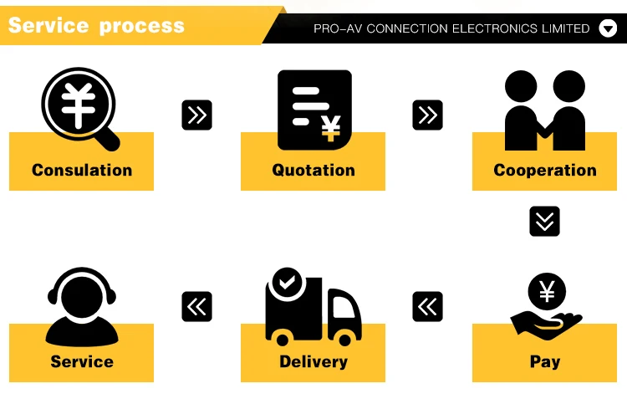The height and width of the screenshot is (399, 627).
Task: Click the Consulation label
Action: coord(82,170)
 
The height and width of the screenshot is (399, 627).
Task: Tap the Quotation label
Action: coord(313,170)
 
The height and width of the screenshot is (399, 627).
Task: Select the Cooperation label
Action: coord(545,170)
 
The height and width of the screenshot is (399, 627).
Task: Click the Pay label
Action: coord(545,361)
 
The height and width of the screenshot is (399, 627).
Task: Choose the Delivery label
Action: coord(313,361)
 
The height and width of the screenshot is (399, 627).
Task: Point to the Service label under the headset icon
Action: coord(82,361)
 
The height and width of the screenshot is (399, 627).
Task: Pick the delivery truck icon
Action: coord(313,309)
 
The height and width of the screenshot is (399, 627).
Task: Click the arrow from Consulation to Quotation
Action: coord(196,115)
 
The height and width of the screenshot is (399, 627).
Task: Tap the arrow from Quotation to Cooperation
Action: coord(427,115)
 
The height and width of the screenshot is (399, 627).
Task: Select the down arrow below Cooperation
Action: coord(544,221)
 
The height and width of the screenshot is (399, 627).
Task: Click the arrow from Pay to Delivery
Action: coord(427,307)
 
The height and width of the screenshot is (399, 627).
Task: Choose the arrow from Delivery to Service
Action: coord(196,307)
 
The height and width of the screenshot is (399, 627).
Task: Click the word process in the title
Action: coord(141,26)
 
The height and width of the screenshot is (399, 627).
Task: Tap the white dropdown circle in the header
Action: coord(608,28)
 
